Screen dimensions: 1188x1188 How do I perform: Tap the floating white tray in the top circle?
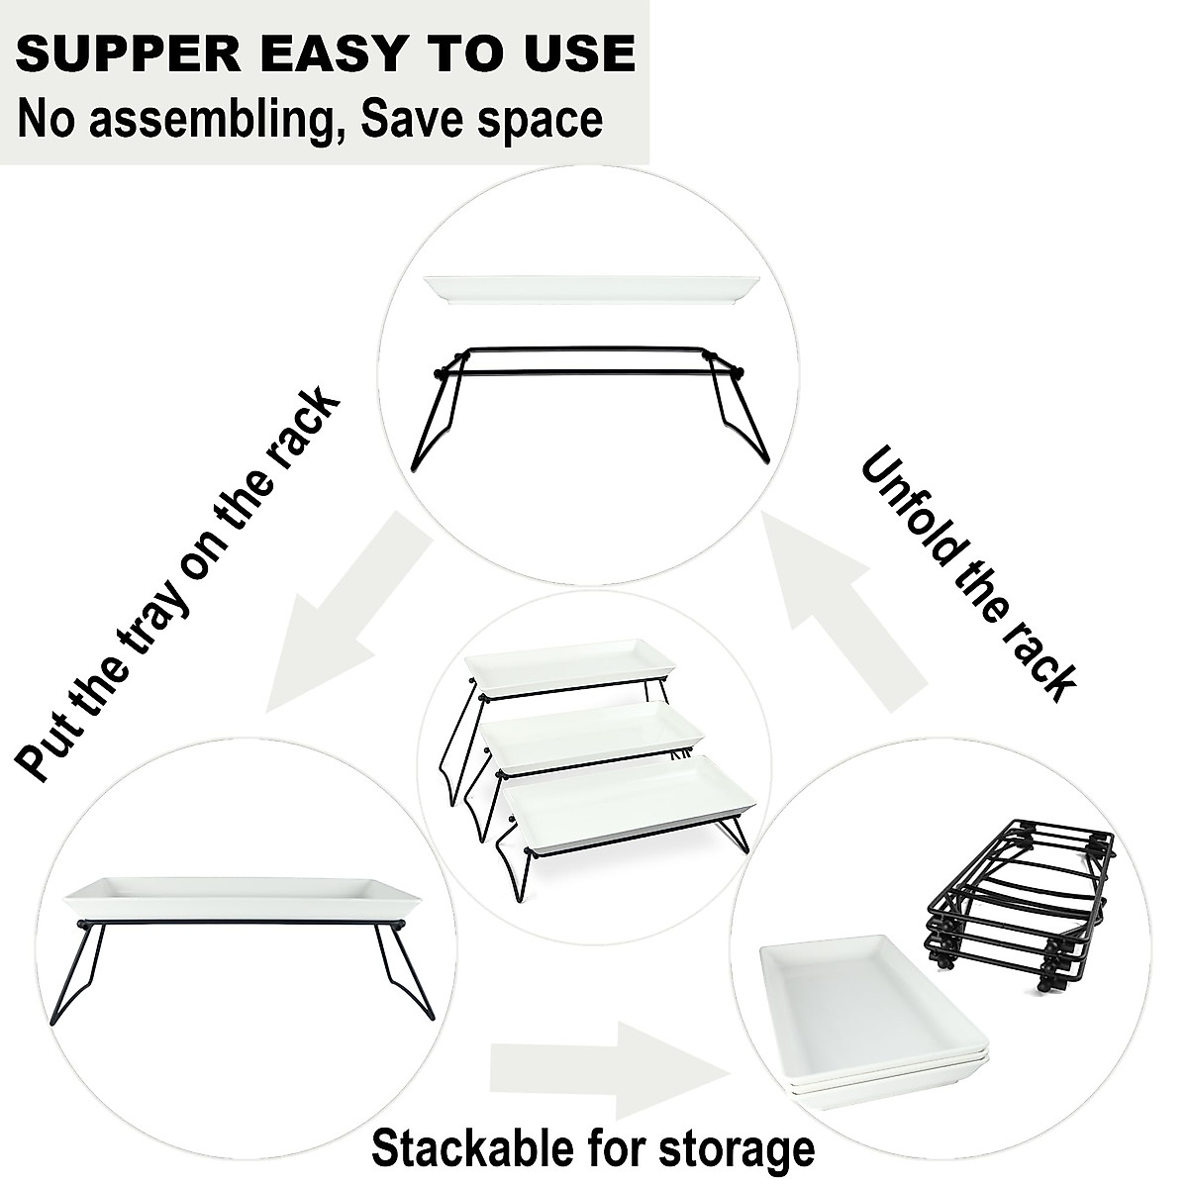click(x=592, y=289)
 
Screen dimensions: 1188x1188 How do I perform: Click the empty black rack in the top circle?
click(x=592, y=396)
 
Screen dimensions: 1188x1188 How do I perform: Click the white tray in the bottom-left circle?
click(x=243, y=896)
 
